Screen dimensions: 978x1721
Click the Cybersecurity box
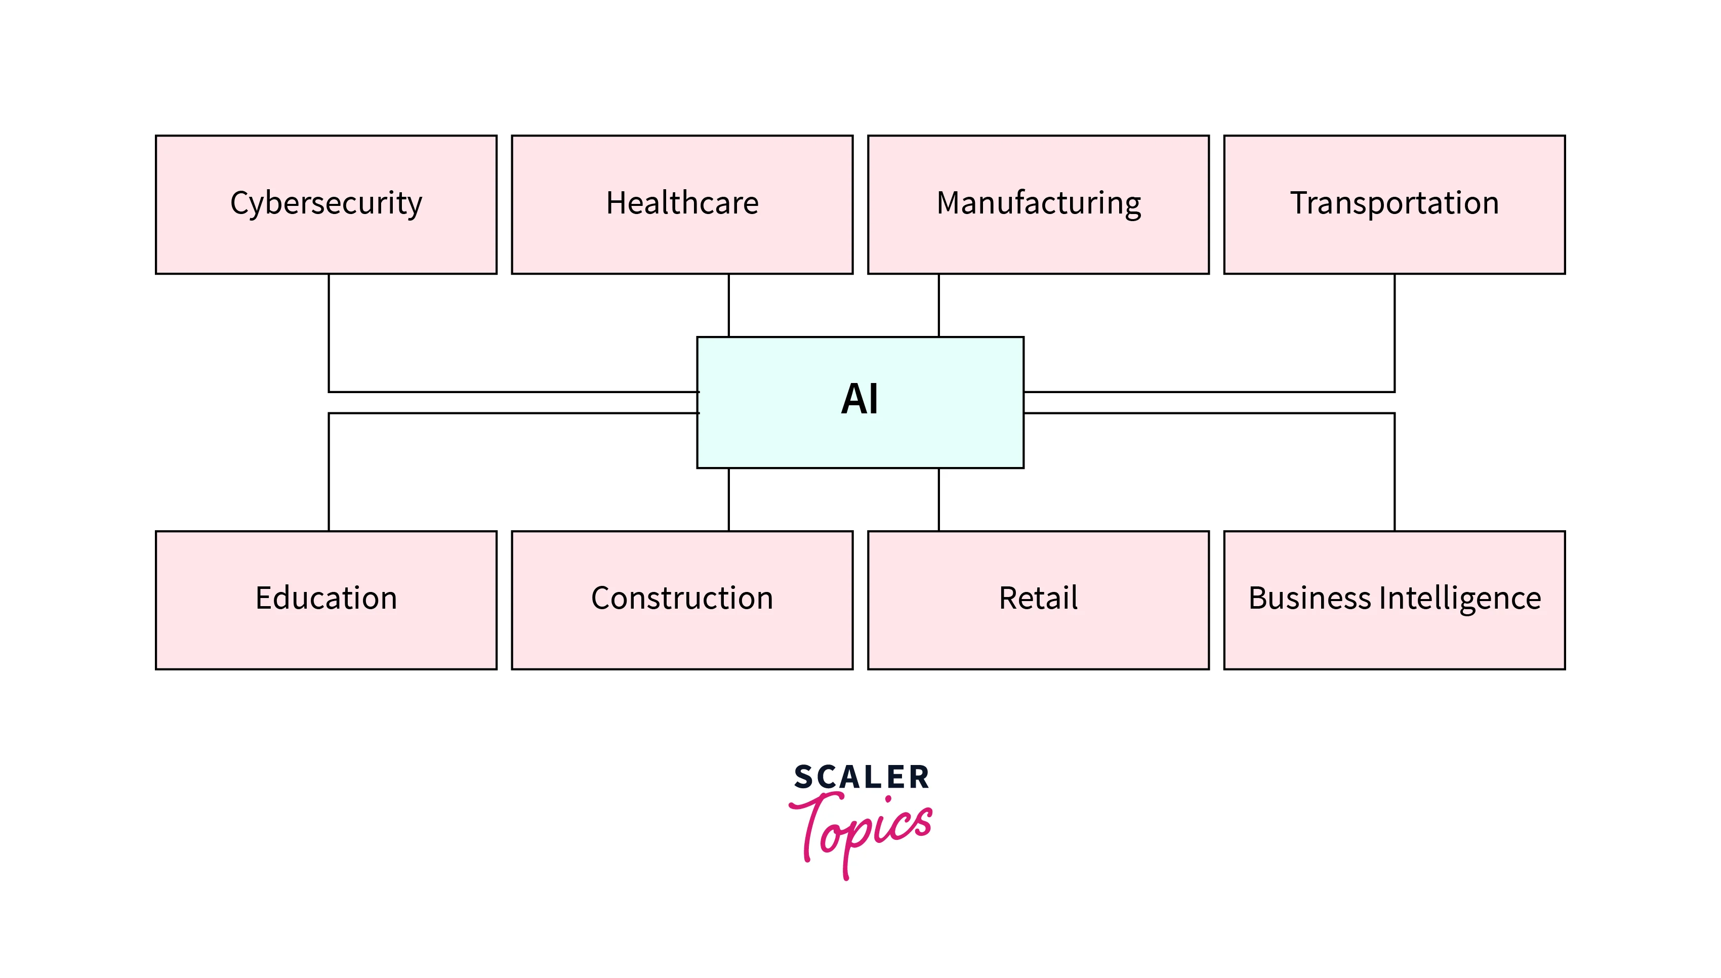click(x=326, y=204)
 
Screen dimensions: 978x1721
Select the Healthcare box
click(x=682, y=204)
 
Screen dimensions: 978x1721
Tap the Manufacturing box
click(x=1038, y=204)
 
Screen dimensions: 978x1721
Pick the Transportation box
click(x=1395, y=204)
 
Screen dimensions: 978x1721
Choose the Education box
click(x=326, y=600)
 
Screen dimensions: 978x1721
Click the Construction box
click(x=682, y=600)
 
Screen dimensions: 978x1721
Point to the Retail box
click(x=1038, y=600)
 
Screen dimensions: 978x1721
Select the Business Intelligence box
click(x=1395, y=600)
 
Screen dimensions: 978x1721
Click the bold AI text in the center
click(x=859, y=400)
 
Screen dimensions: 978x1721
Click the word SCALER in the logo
click(x=862, y=778)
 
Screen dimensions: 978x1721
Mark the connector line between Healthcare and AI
click(x=729, y=306)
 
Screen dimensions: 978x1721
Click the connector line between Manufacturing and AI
click(x=939, y=306)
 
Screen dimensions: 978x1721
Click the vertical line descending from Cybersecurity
click(x=329, y=332)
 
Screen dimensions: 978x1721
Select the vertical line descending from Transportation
click(x=1395, y=332)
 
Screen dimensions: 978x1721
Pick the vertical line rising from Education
click(x=329, y=472)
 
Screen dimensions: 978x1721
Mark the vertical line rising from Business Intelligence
click(x=1395, y=472)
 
